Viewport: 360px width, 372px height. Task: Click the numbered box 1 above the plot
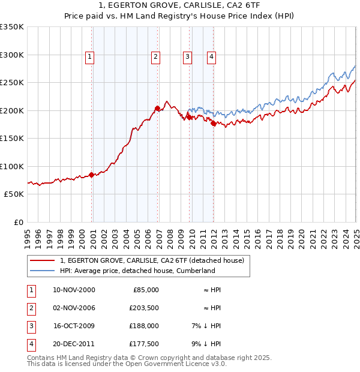(x=89, y=57)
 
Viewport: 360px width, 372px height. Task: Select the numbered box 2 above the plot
(x=155, y=57)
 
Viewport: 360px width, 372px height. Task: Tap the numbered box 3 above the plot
(x=187, y=57)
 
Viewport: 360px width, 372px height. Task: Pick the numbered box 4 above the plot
(x=212, y=57)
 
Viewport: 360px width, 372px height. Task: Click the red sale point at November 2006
(x=157, y=109)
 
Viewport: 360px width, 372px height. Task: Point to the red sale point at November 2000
(x=92, y=175)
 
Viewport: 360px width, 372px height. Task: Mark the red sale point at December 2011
(x=213, y=124)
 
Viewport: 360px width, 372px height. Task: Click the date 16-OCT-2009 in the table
(x=74, y=326)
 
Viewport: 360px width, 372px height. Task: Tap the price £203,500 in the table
(x=145, y=308)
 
